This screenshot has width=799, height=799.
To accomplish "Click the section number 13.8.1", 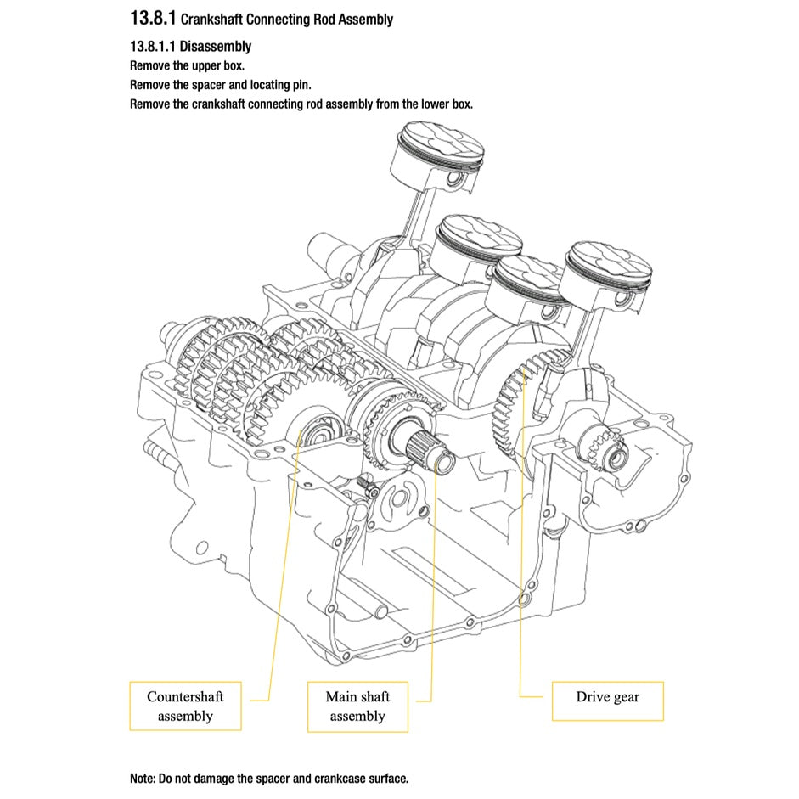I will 153,18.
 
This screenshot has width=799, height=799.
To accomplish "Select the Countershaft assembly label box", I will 185,706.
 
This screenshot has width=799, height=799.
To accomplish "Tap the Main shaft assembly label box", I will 357,706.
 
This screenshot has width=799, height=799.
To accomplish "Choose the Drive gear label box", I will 607,696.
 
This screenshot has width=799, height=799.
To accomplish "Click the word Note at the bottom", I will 142,778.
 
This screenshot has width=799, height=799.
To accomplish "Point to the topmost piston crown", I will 442,140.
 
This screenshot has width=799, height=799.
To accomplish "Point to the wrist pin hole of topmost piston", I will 459,182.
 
